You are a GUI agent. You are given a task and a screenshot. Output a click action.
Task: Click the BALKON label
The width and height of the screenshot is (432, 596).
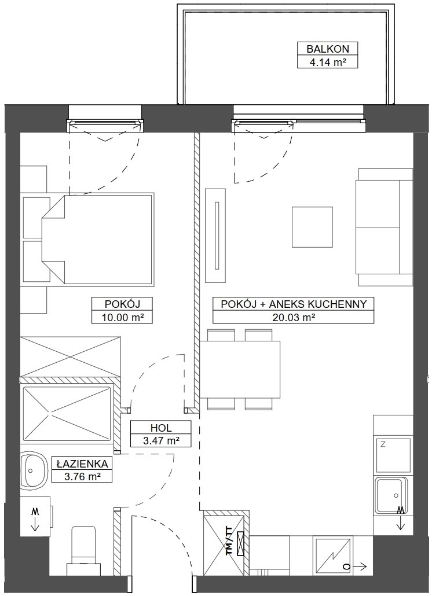327,49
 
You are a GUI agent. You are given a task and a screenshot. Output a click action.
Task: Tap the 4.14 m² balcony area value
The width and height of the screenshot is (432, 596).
327,62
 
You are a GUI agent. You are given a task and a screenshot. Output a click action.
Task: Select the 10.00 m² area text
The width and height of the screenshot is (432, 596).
122,317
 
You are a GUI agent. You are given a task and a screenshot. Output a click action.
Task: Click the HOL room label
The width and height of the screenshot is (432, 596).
161,427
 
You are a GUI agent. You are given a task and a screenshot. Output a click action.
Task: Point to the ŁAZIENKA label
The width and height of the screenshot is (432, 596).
82,463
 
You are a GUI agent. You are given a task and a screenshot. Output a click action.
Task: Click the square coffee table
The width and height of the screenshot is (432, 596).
312,227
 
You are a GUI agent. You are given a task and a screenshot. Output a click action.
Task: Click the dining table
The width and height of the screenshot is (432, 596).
240,369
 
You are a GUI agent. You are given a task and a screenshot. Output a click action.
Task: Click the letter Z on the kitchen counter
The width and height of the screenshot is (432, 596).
382,444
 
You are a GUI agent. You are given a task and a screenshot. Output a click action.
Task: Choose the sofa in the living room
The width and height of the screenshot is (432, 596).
384,227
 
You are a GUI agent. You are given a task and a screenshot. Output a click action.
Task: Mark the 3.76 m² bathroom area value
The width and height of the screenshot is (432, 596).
82,476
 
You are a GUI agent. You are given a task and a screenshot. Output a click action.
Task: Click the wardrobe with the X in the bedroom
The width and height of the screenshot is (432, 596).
70,356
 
